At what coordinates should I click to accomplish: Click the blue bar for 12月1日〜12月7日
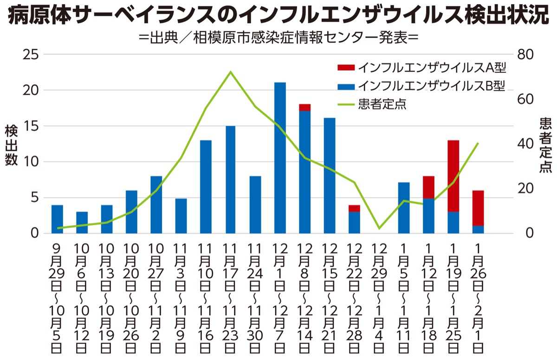pos(280,158)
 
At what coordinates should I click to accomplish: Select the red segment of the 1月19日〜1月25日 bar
pos(453,176)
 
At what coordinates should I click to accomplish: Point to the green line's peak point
pos(231,72)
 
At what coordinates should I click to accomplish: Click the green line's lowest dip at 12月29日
pos(379,228)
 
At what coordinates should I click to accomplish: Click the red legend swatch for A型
pos(346,68)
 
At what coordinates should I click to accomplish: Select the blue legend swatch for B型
pos(346,86)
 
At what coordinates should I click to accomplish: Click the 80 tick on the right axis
pos(527,54)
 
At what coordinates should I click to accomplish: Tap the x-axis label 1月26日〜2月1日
pos(479,297)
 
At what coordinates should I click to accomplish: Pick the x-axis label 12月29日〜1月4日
pos(379,297)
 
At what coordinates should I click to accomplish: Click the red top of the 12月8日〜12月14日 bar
pos(305,107)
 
